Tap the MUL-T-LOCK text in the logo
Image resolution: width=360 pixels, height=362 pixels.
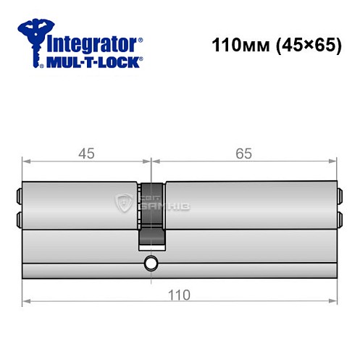tap(93, 63)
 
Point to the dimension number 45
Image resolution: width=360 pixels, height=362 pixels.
tap(85, 154)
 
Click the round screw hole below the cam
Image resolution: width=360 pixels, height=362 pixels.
tap(151, 263)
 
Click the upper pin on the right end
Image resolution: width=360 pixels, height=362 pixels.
tap(339, 195)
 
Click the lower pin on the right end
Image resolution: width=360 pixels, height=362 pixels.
tap(339, 218)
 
